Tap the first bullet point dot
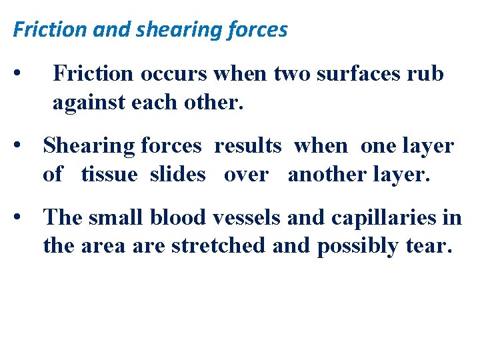(23, 72)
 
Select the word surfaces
(359, 73)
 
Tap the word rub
(427, 73)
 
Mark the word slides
(178, 174)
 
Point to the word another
(324, 174)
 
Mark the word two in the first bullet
(293, 73)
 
